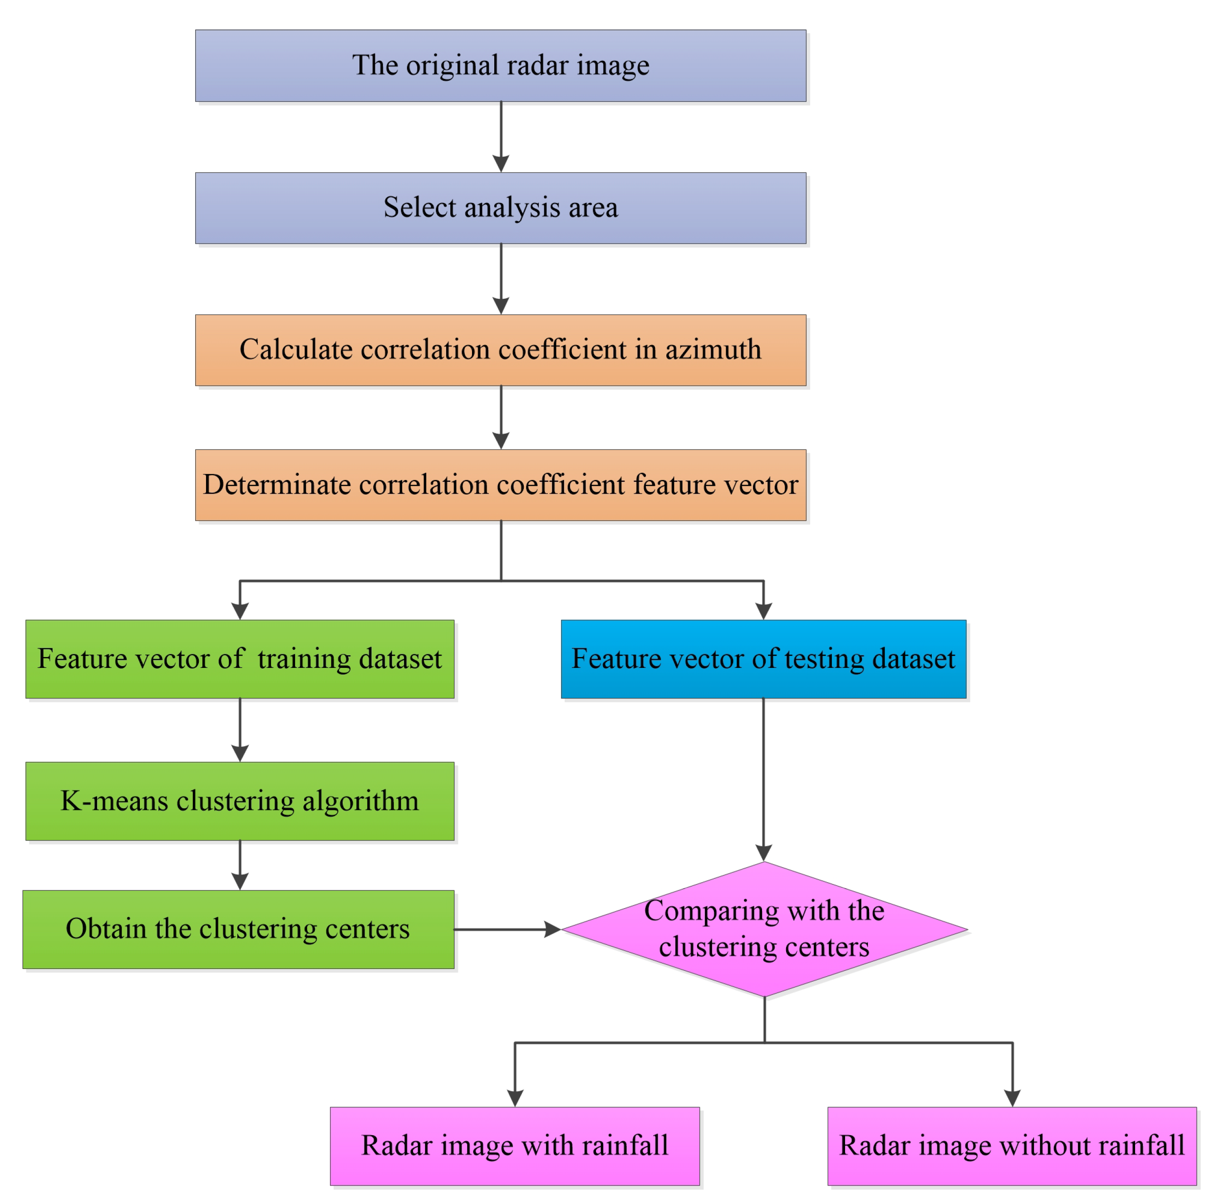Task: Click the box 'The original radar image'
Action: [501, 66]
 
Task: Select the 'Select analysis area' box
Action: [501, 208]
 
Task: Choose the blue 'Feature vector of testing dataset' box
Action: [763, 659]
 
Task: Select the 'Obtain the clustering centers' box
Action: [238, 929]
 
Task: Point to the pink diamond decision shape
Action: [764, 929]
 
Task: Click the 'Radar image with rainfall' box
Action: [515, 1146]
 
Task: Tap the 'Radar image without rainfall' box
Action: [1012, 1146]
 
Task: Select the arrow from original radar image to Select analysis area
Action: [501, 137]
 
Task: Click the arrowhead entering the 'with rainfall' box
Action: [515, 1097]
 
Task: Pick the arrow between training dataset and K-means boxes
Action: [240, 730]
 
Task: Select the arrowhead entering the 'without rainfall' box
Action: [1012, 1097]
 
